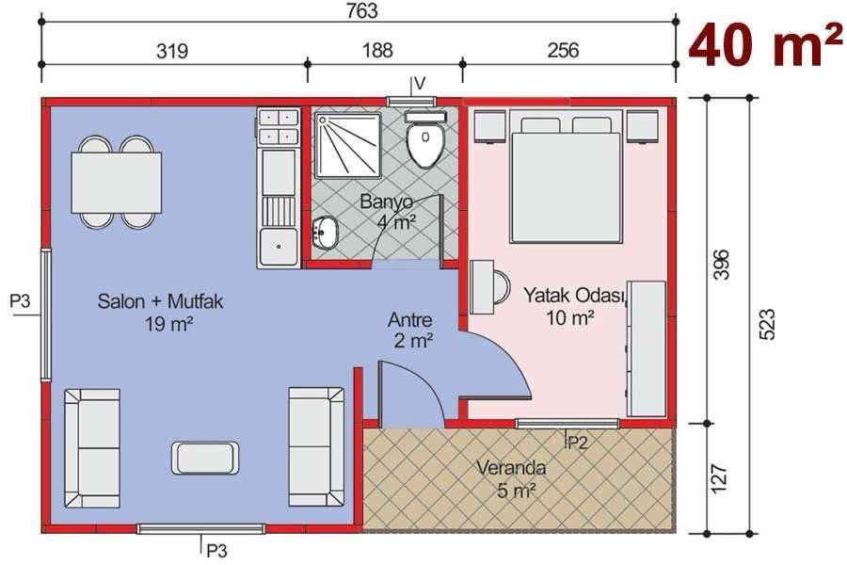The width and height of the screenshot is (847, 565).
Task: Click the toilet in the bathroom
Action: [425, 141]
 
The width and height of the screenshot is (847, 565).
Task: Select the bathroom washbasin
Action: [326, 232]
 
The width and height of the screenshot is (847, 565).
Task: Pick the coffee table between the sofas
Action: [206, 458]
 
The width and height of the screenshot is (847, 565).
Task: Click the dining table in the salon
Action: [117, 183]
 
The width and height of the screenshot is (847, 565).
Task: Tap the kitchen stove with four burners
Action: [278, 126]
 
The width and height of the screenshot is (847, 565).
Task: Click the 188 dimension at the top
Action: [383, 50]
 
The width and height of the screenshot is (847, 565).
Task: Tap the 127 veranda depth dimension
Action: [720, 478]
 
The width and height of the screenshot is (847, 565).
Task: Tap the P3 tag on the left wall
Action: [21, 301]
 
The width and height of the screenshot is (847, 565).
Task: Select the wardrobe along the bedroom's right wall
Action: [646, 348]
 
